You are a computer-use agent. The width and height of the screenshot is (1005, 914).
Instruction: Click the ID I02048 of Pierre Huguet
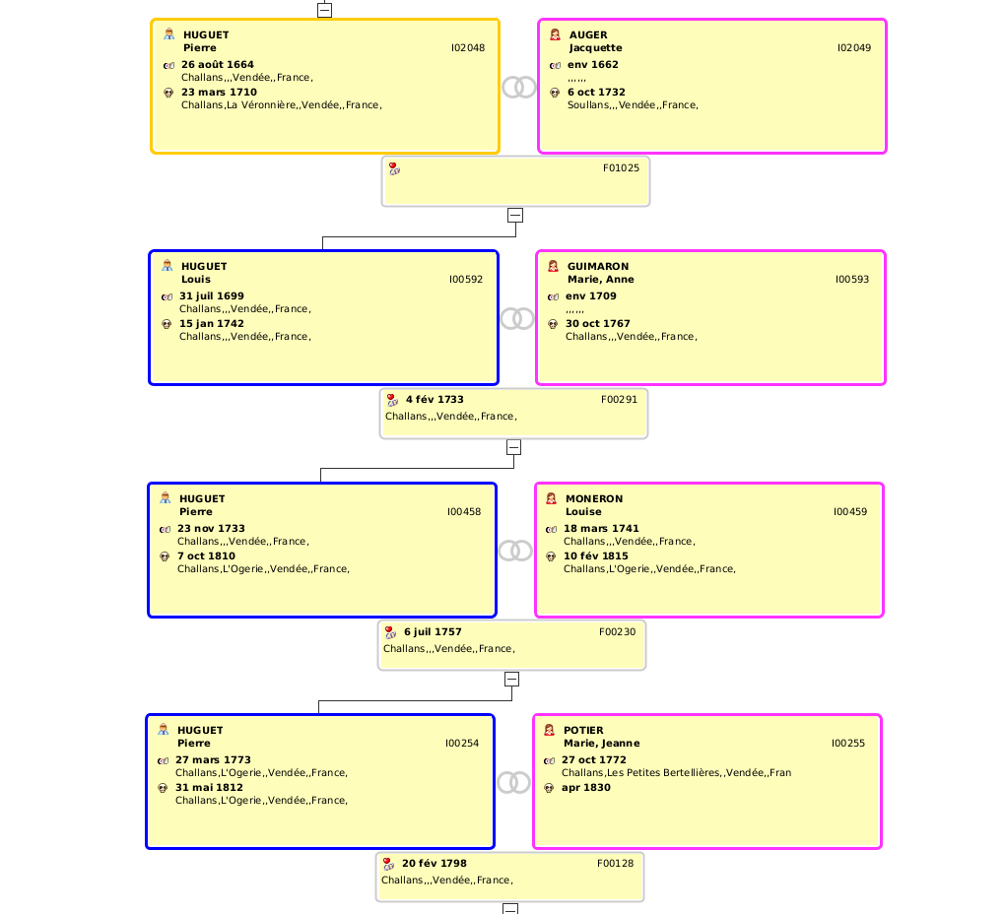(x=468, y=48)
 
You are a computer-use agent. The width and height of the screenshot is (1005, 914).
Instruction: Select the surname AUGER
(x=588, y=35)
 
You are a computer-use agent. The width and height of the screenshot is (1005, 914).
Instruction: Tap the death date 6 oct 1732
(x=596, y=93)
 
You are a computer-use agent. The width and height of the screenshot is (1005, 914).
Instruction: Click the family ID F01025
(x=621, y=167)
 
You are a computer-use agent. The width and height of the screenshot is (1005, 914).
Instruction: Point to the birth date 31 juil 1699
(x=212, y=295)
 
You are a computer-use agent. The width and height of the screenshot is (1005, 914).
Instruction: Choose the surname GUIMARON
(x=598, y=267)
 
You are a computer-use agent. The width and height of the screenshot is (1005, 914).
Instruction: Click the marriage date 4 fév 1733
(x=435, y=400)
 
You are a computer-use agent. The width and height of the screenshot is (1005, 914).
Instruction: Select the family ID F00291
(x=619, y=400)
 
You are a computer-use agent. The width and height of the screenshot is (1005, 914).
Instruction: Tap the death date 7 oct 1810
(x=206, y=555)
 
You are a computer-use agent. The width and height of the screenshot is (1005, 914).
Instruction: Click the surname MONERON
(x=594, y=499)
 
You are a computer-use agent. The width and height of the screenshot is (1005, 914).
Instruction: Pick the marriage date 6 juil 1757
(x=433, y=631)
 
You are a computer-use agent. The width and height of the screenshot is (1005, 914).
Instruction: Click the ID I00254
(x=462, y=743)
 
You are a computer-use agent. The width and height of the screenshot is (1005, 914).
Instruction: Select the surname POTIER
(x=583, y=730)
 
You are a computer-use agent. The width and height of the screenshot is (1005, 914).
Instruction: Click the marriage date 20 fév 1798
(x=434, y=864)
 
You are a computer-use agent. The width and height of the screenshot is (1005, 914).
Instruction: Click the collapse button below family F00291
(x=513, y=447)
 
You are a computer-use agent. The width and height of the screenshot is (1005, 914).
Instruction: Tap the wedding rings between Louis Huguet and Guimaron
(x=517, y=318)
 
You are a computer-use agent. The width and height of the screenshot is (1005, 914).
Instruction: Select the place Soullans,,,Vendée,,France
(x=633, y=105)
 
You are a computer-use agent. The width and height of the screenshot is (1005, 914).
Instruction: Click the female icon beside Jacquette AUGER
(x=555, y=34)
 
